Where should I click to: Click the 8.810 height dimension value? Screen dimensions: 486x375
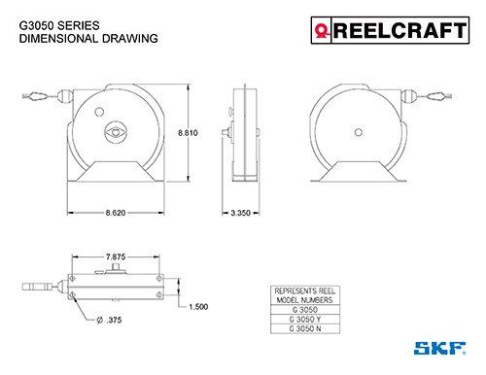(188, 133)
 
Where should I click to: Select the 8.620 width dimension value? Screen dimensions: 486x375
(116, 213)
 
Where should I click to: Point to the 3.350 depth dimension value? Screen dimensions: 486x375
(240, 213)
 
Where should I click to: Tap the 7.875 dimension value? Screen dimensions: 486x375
(116, 256)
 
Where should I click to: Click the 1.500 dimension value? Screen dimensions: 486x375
(198, 307)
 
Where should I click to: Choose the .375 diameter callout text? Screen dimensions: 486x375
(109, 321)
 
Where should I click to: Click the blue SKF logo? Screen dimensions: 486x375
(439, 348)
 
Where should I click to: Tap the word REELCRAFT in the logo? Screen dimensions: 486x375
(400, 30)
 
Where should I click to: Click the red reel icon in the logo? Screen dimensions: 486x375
(322, 31)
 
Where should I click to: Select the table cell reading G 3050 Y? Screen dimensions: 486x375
(305, 320)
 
